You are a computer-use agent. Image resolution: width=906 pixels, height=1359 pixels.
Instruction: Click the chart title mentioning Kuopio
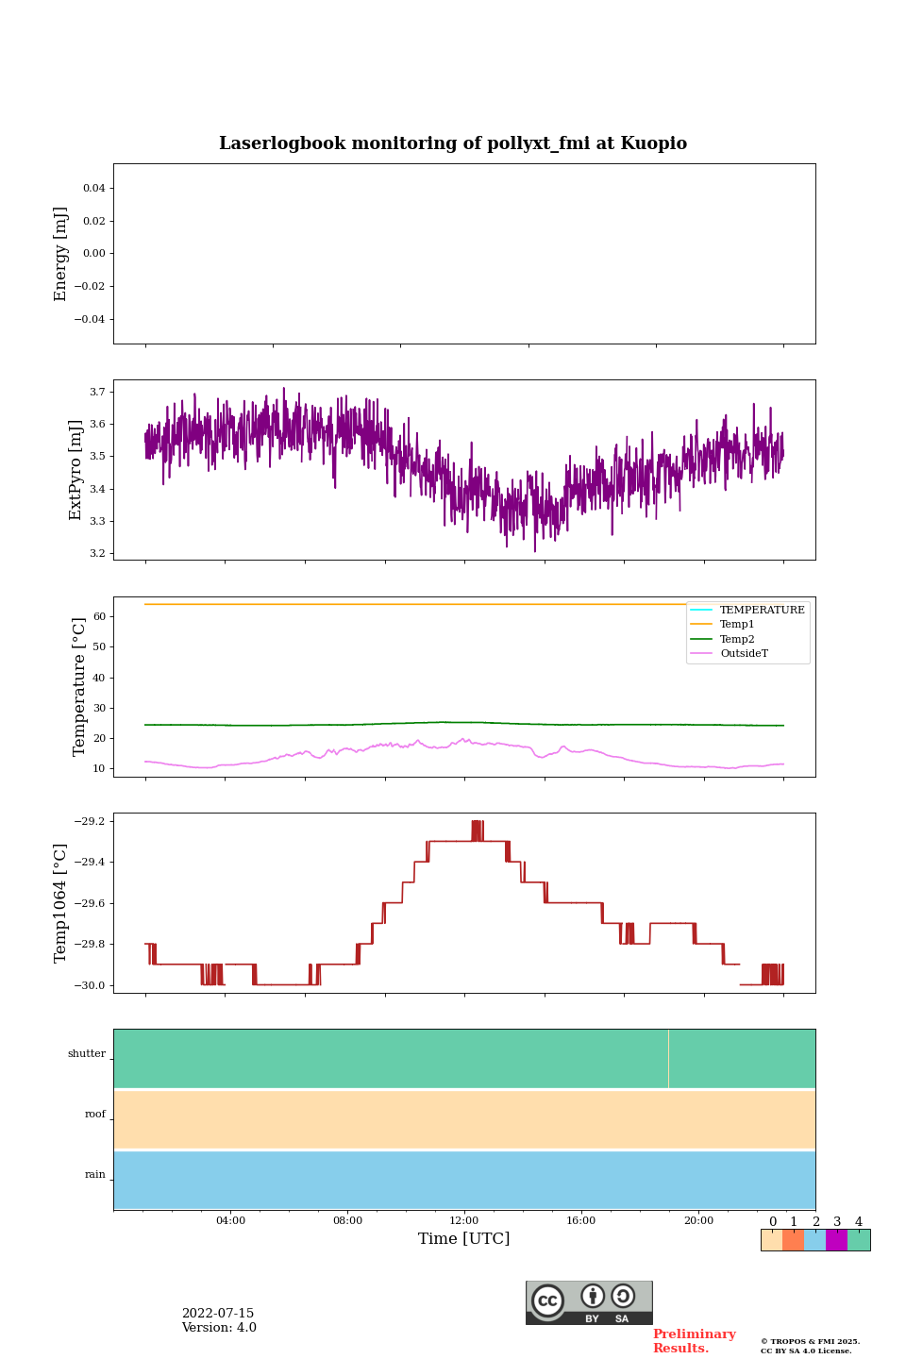click(453, 143)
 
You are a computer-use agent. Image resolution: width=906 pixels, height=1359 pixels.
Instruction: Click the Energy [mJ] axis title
click(61, 254)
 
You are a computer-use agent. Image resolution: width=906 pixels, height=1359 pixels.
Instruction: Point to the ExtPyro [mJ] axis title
click(75, 470)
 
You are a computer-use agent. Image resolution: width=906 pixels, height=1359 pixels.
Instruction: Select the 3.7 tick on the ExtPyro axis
click(97, 392)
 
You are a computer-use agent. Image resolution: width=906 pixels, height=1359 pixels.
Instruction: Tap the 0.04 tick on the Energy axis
click(93, 189)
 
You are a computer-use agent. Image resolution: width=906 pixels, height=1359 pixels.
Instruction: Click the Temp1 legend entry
click(737, 625)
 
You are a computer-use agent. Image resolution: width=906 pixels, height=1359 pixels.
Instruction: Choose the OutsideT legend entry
click(744, 654)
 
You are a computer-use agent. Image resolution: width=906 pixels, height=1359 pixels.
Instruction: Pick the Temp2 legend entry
click(737, 640)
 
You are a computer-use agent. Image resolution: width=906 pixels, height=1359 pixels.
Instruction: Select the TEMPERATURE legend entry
click(762, 611)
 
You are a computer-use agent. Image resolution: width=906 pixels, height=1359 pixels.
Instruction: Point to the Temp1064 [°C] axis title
click(61, 903)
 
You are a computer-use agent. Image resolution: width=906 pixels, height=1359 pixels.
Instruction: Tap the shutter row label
click(87, 1054)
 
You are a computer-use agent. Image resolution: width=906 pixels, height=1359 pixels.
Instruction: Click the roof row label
click(95, 1115)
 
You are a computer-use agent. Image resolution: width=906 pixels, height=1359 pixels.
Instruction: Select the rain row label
click(95, 1175)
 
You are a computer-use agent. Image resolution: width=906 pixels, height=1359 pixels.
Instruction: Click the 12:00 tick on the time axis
click(464, 1221)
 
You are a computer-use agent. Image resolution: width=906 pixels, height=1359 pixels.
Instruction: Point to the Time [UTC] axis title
click(464, 1239)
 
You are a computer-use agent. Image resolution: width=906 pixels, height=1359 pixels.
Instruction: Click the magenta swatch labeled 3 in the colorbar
click(836, 1240)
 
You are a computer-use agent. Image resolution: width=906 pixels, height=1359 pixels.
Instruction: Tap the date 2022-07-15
click(218, 1314)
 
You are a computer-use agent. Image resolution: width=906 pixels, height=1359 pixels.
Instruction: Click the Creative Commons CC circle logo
click(547, 1300)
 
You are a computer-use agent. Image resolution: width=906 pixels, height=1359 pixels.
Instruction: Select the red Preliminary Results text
click(694, 1341)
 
